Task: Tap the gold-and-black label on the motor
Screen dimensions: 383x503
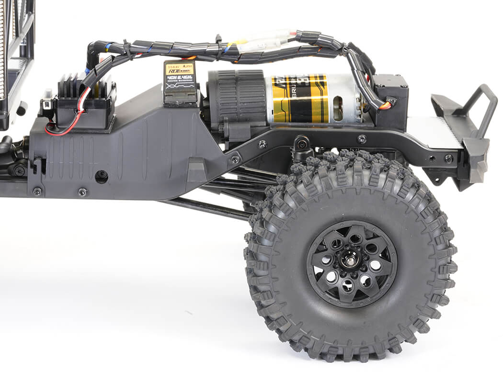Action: pos(300,99)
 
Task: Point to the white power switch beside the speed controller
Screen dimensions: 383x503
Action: pos(47,96)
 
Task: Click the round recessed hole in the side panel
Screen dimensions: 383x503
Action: pos(101,177)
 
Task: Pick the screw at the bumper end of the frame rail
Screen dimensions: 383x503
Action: pos(448,158)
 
